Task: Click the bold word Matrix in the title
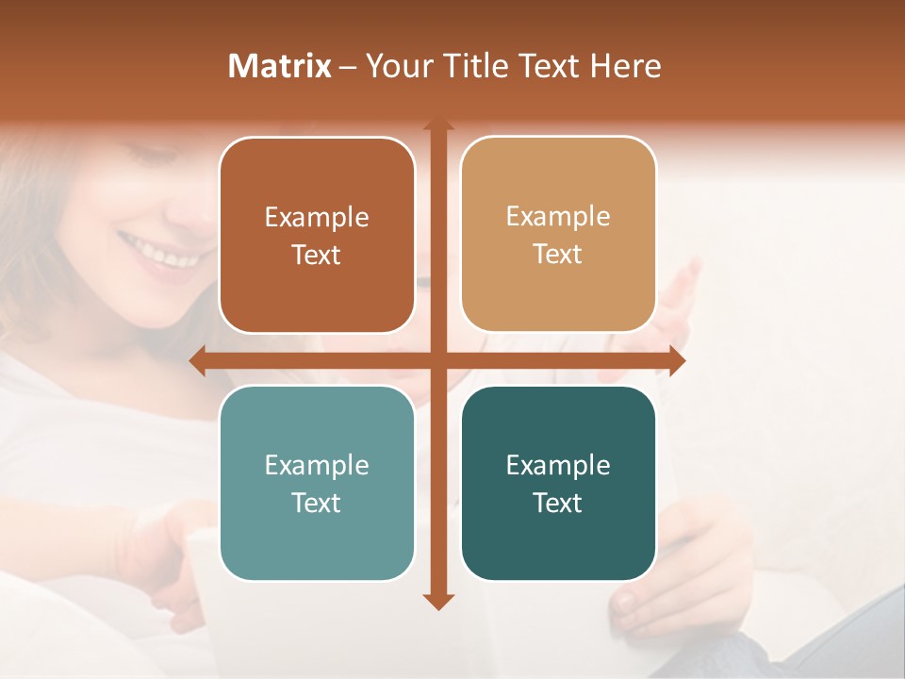tap(280, 66)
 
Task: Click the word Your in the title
tap(397, 66)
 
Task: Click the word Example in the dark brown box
tap(317, 218)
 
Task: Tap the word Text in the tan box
tap(558, 254)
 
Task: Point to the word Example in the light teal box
tap(317, 465)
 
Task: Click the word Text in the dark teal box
tap(558, 503)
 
